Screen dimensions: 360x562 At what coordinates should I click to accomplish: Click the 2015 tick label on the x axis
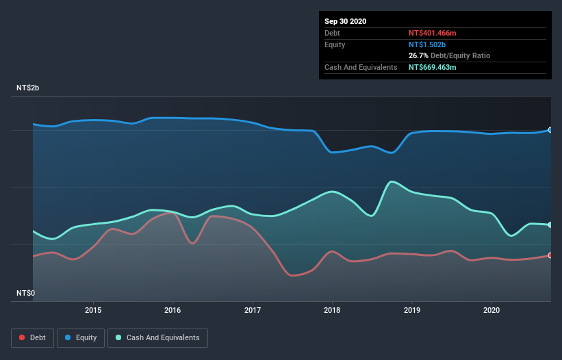(93, 309)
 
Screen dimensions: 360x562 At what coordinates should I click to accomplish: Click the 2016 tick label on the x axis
(173, 309)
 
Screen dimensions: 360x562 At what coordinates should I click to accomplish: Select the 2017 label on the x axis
(253, 309)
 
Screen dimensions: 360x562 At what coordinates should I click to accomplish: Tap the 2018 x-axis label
(332, 309)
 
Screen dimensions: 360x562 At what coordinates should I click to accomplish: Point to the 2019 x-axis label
(412, 309)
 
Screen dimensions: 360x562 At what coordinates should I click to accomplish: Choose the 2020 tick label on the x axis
(491, 309)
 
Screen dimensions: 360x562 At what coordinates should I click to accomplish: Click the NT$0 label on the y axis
(26, 293)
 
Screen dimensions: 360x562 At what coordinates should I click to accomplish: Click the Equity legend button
(81, 337)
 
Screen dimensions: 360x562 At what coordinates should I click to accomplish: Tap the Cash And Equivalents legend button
(157, 337)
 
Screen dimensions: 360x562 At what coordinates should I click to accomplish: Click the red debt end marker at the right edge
(550, 255)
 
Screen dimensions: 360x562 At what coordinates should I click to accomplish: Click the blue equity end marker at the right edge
(550, 129)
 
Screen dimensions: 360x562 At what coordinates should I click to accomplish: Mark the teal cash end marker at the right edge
(550, 224)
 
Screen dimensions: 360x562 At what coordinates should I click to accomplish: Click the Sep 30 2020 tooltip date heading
(345, 21)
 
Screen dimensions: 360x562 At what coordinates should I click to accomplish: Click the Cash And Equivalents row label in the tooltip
(361, 67)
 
